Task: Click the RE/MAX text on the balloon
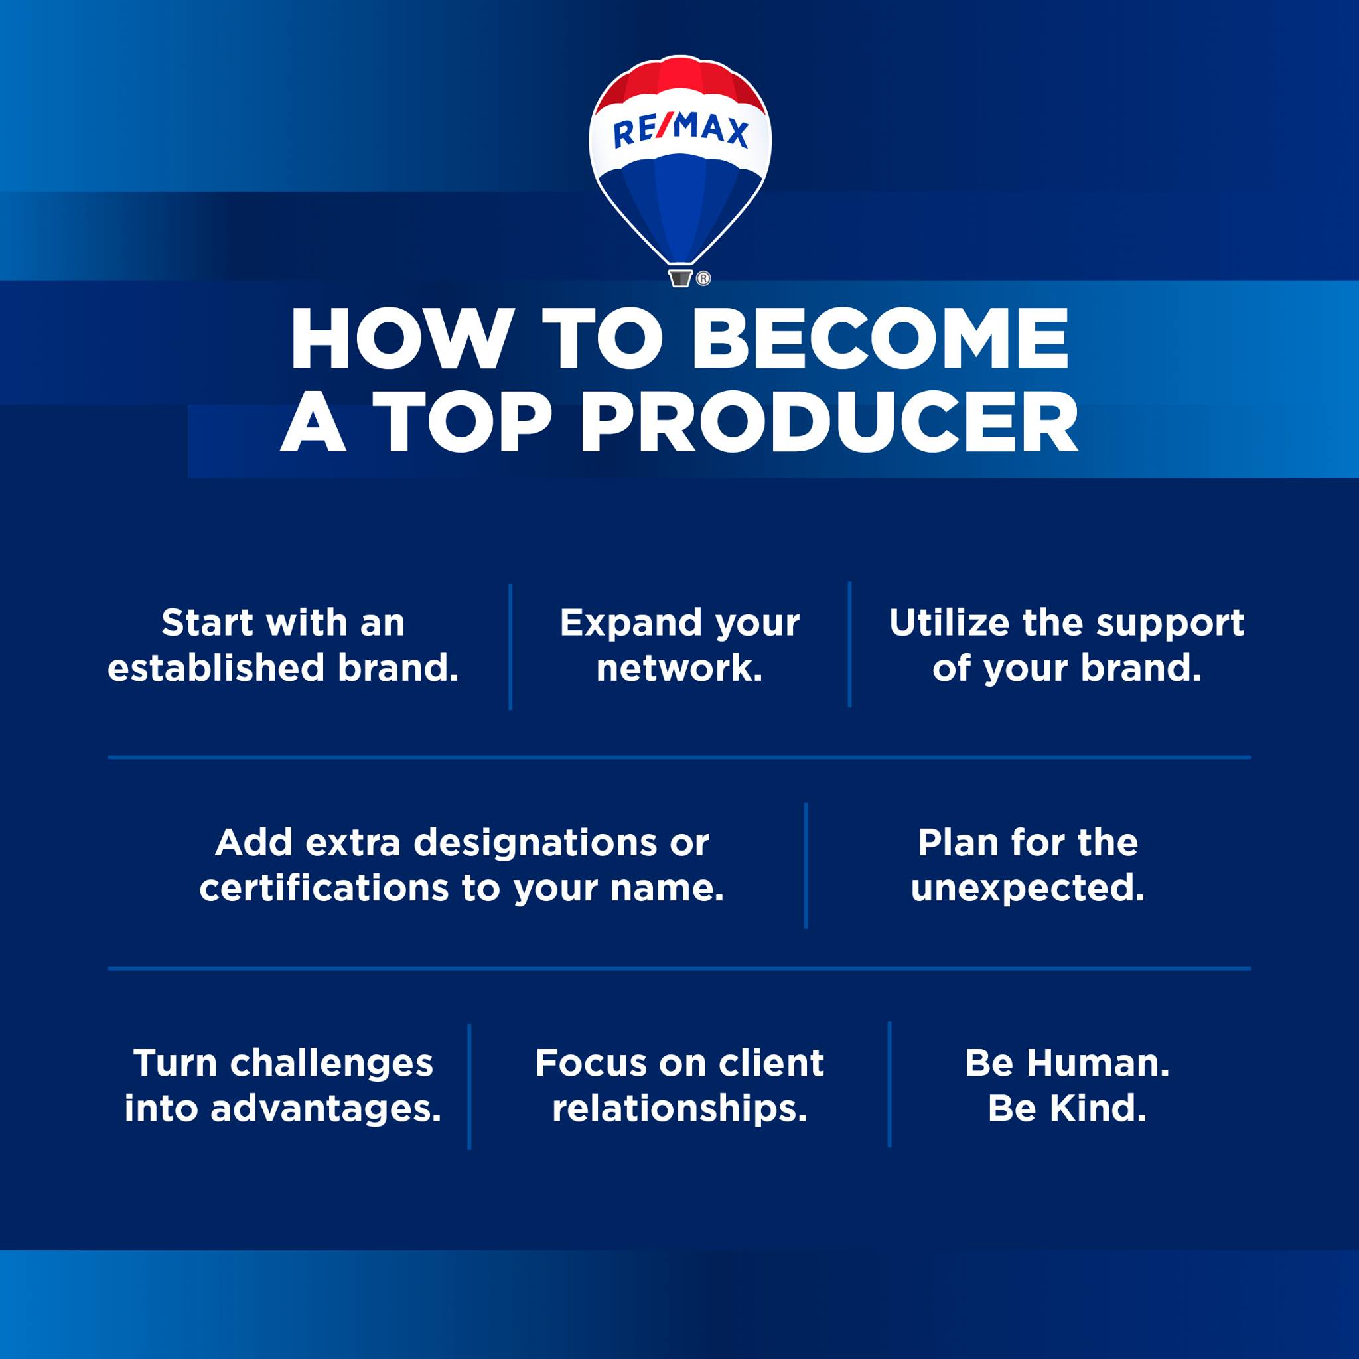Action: (680, 131)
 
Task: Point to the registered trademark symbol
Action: (703, 279)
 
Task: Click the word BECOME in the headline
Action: (880, 338)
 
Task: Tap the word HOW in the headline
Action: (399, 338)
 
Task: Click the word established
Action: (216, 668)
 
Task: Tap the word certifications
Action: (324, 888)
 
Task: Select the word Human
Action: (1098, 1063)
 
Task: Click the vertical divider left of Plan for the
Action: (806, 866)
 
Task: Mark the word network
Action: (679, 669)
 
